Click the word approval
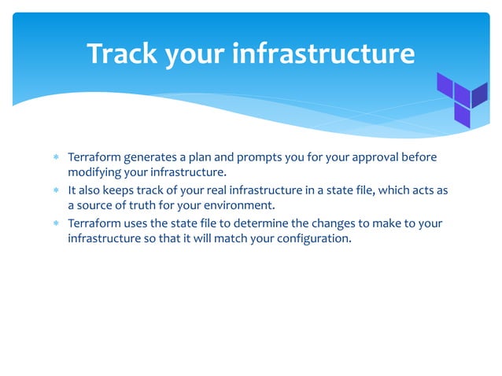(x=370, y=157)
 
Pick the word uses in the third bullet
(x=138, y=223)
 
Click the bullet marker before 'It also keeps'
(x=56, y=190)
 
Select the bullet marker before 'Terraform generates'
(x=56, y=157)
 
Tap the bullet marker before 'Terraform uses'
(x=56, y=223)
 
